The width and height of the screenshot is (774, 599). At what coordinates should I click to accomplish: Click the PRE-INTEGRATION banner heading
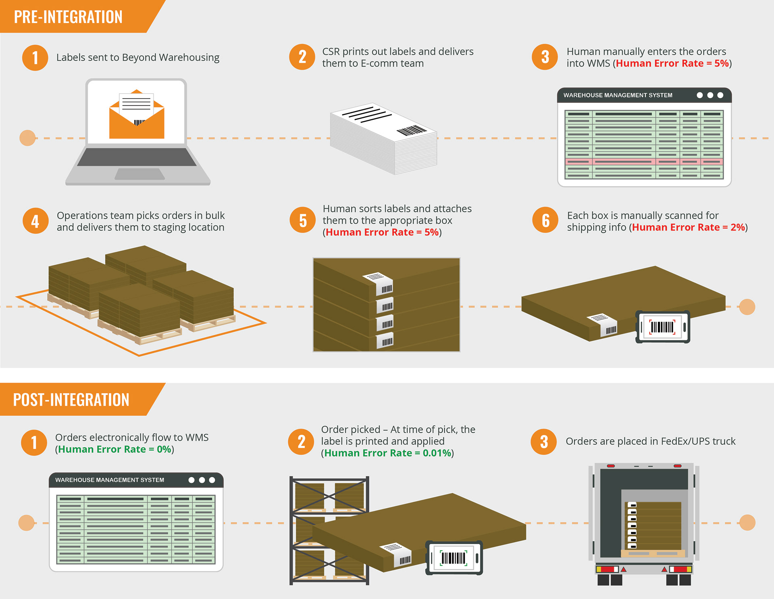(68, 17)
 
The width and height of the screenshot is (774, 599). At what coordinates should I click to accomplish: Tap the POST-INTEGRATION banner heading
(71, 400)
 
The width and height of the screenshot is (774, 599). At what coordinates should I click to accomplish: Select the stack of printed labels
(384, 138)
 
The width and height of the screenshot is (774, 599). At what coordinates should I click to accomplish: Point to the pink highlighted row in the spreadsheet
(644, 161)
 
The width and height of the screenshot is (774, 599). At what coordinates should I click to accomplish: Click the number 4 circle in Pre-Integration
(35, 221)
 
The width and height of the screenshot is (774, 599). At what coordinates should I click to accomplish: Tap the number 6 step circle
(545, 220)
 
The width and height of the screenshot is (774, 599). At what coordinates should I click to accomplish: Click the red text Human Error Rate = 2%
(689, 227)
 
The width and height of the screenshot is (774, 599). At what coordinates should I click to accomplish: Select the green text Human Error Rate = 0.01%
(387, 453)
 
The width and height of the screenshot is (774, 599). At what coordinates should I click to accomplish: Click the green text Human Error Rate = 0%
(115, 449)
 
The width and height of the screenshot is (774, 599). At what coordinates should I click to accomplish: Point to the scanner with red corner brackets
(663, 327)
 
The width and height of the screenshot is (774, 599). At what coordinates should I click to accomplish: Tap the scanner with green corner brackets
(454, 558)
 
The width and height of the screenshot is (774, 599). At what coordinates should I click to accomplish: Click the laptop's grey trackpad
(139, 174)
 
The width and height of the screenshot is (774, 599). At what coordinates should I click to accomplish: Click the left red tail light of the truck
(607, 569)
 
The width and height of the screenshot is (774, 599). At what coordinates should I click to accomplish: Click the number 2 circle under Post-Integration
(301, 442)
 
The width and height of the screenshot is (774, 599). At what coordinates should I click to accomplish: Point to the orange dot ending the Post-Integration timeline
(747, 523)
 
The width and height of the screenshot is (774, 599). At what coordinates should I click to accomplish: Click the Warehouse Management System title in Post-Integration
(110, 480)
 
